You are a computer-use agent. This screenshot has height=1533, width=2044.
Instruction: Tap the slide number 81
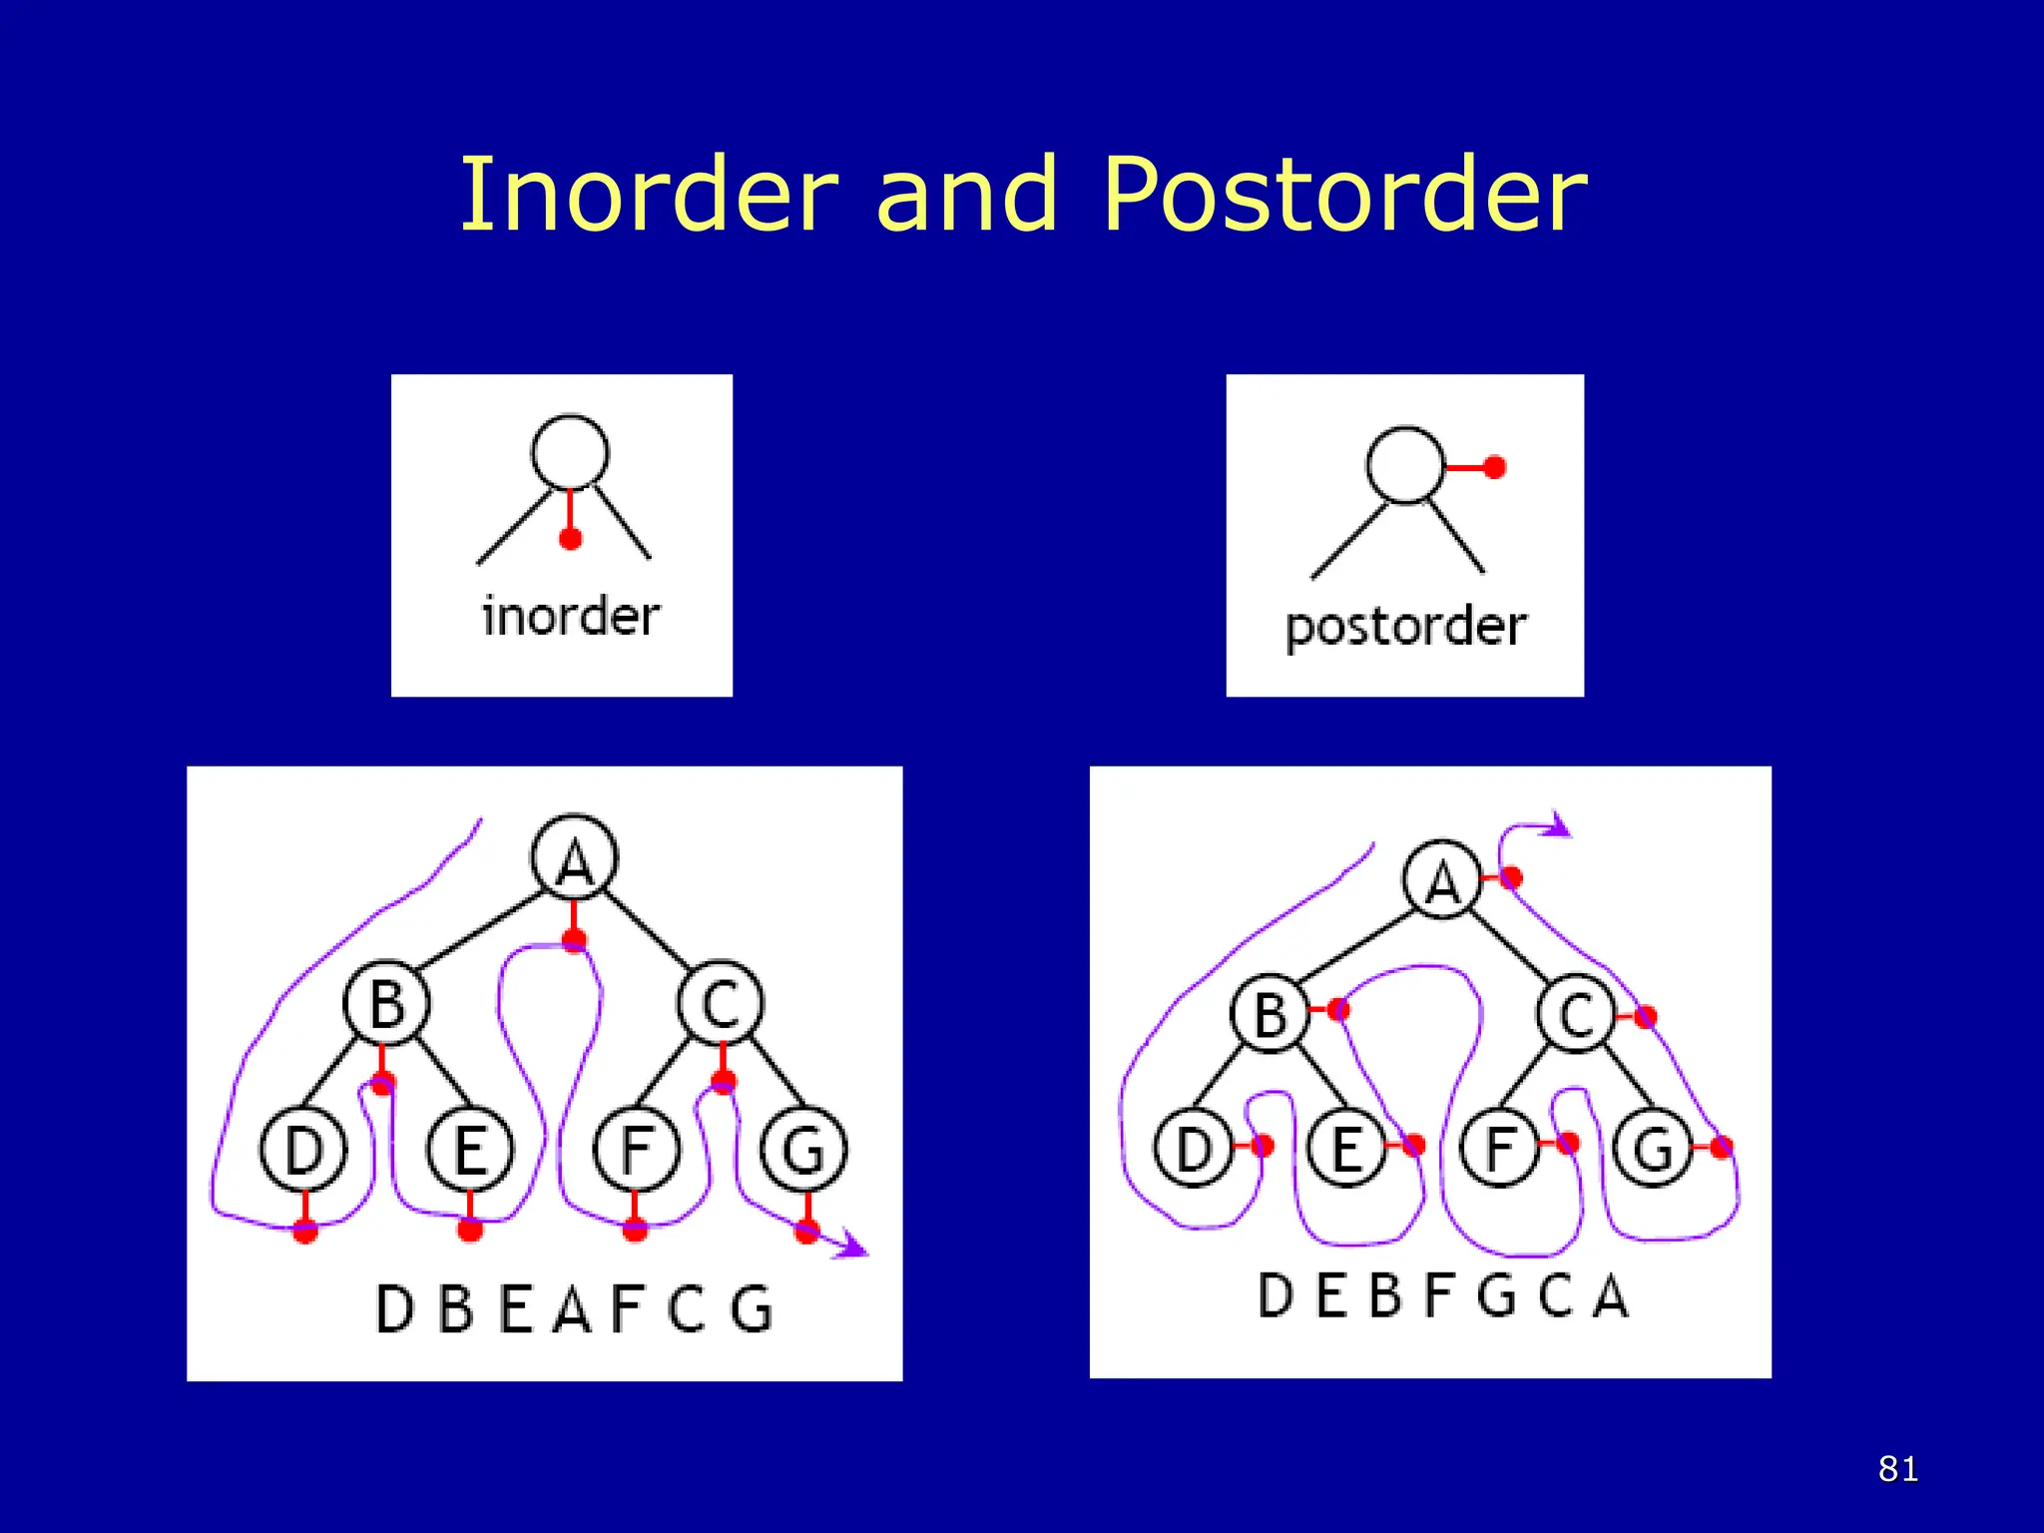tap(1897, 1469)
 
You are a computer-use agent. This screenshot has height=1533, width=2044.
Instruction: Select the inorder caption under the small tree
tap(571, 616)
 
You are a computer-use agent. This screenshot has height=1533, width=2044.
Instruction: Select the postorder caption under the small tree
tap(1405, 627)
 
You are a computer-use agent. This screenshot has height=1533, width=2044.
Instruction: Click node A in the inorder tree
tap(574, 858)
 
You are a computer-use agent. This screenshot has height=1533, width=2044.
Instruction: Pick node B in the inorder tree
tap(386, 1003)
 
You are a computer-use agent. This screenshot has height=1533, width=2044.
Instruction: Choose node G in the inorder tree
tap(803, 1150)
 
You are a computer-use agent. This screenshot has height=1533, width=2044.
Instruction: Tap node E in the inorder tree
tap(470, 1150)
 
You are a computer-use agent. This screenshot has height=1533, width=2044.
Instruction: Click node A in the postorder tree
tap(1441, 880)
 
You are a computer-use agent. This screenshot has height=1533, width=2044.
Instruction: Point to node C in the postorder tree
tap(1576, 1014)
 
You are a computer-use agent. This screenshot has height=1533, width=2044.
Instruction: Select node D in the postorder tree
tap(1193, 1148)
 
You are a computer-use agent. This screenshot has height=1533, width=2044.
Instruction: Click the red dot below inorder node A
tap(574, 939)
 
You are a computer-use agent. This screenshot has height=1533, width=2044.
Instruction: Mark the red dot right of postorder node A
tap(1511, 877)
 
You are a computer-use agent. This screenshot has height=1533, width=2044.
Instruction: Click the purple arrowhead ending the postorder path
tap(1558, 825)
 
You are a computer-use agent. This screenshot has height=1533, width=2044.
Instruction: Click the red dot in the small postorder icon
tap(1494, 467)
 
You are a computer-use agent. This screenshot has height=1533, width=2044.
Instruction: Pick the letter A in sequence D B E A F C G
tap(573, 1308)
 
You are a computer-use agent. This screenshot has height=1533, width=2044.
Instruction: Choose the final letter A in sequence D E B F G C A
tap(1610, 1295)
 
